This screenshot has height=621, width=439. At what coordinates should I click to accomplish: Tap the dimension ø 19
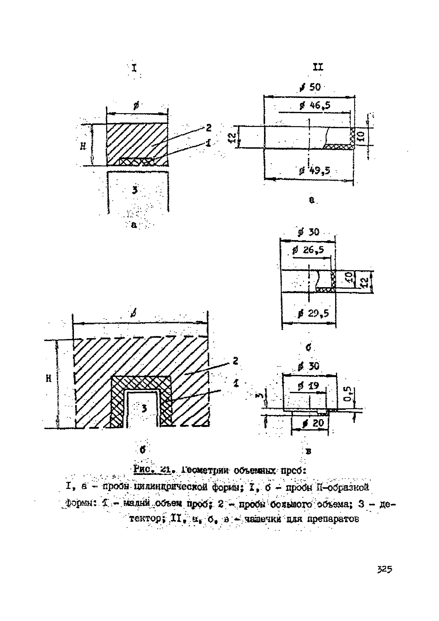point(308,385)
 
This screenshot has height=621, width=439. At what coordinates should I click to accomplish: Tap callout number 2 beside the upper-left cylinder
point(208,127)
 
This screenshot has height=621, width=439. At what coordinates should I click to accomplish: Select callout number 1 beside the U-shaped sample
point(236,383)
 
